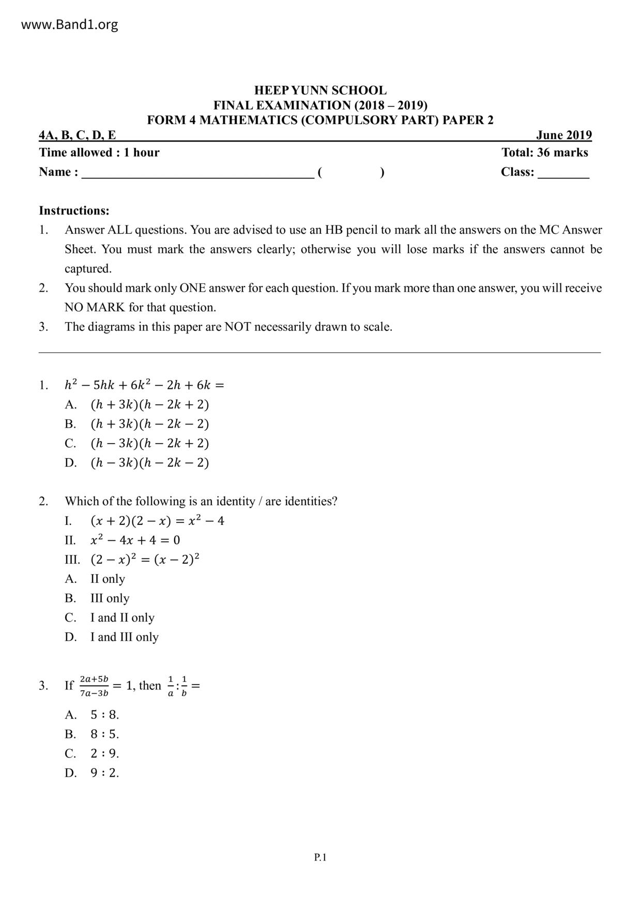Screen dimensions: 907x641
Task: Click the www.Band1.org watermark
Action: point(69,25)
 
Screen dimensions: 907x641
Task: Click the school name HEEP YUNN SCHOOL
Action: point(320,90)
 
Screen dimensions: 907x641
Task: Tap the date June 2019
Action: point(563,135)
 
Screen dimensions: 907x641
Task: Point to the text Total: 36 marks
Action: point(544,153)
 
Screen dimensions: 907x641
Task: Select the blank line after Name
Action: point(197,174)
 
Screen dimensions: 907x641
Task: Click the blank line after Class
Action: point(563,174)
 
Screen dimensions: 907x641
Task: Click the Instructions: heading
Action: point(74,211)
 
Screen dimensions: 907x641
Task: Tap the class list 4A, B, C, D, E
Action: point(78,135)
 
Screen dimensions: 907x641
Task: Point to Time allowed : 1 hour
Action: point(99,153)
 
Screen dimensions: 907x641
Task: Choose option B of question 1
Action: point(149,424)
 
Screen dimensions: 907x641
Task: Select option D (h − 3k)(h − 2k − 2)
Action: point(149,463)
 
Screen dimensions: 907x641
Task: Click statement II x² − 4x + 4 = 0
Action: point(135,540)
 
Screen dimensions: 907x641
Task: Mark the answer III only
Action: point(110,598)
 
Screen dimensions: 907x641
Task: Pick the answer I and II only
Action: point(122,618)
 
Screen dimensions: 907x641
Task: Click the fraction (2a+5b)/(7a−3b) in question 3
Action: point(94,686)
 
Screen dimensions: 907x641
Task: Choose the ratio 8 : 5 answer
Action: point(104,734)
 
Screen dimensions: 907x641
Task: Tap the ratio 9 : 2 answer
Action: point(104,773)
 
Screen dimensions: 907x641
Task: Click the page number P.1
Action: point(320,857)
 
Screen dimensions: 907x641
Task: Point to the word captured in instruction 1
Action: point(88,269)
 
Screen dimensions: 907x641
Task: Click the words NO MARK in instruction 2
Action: point(95,308)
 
